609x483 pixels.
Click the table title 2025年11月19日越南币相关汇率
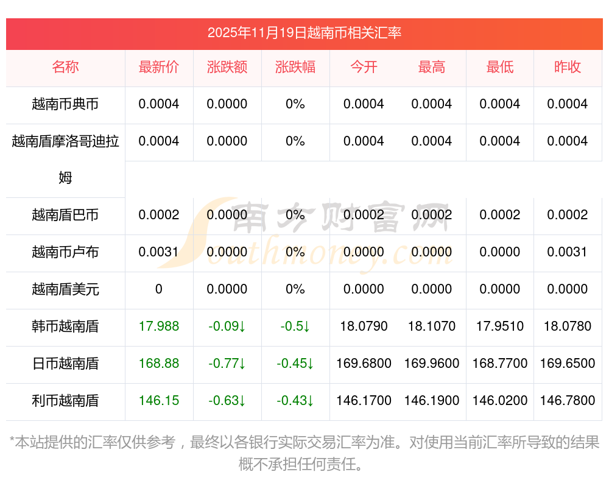click(x=304, y=33)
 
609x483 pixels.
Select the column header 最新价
click(x=159, y=68)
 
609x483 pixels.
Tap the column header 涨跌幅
click(x=295, y=68)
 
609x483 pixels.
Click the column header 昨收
click(x=568, y=68)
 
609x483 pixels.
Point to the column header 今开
click(x=364, y=68)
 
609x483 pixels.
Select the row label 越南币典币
click(x=65, y=104)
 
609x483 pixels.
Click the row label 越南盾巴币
click(x=65, y=215)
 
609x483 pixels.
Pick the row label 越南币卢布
click(x=65, y=252)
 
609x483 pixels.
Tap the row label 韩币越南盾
click(x=65, y=326)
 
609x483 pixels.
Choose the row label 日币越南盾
click(x=65, y=364)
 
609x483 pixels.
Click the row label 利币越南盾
click(x=65, y=401)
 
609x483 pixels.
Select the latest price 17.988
click(x=159, y=326)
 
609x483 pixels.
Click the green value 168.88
click(x=159, y=364)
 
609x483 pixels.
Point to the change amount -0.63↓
click(x=227, y=401)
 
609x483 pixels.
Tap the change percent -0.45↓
click(x=295, y=364)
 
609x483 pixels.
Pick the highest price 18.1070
click(x=432, y=326)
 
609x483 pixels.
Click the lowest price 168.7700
click(x=500, y=364)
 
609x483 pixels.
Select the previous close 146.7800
click(x=568, y=401)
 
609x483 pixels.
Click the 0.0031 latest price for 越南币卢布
click(x=159, y=252)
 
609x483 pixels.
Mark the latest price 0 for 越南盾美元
click(x=159, y=289)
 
